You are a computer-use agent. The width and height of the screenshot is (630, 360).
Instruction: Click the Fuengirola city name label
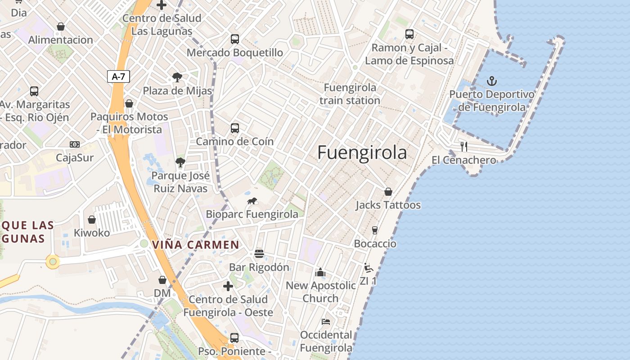click(x=362, y=153)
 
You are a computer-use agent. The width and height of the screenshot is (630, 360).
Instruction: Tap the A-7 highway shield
click(x=118, y=76)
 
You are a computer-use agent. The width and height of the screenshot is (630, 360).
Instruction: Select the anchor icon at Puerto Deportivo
click(x=492, y=81)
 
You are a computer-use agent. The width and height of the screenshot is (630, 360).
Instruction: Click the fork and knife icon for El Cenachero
click(x=464, y=146)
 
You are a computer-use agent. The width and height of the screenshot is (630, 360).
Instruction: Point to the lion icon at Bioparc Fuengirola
click(x=252, y=201)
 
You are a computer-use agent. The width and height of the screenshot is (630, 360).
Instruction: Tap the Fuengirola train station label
click(x=350, y=94)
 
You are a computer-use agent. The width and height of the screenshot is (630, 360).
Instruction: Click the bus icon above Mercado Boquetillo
click(x=234, y=39)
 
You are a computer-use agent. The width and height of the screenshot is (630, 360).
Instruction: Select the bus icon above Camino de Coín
click(x=234, y=128)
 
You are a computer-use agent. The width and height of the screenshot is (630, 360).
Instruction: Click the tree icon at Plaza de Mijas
click(x=177, y=77)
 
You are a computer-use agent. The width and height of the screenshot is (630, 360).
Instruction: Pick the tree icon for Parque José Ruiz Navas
click(x=180, y=162)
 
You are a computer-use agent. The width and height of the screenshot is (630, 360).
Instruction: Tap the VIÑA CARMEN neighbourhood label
click(x=196, y=245)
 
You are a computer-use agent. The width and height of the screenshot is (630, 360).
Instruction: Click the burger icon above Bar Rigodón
click(x=259, y=254)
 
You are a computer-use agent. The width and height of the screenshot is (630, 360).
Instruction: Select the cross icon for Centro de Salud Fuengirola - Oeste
click(x=228, y=286)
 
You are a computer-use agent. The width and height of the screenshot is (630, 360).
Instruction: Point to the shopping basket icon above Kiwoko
click(x=92, y=220)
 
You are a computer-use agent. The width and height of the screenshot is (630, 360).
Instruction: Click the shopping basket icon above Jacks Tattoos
click(x=388, y=192)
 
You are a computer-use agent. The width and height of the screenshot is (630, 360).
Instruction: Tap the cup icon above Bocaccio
click(x=374, y=230)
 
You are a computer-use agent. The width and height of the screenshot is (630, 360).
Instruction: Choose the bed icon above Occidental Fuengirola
click(x=326, y=321)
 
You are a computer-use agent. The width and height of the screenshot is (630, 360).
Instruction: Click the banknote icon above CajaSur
click(x=75, y=144)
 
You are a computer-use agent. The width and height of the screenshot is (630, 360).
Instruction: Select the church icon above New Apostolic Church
click(x=320, y=272)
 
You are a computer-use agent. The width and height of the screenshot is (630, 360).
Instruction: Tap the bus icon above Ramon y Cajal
click(x=409, y=34)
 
